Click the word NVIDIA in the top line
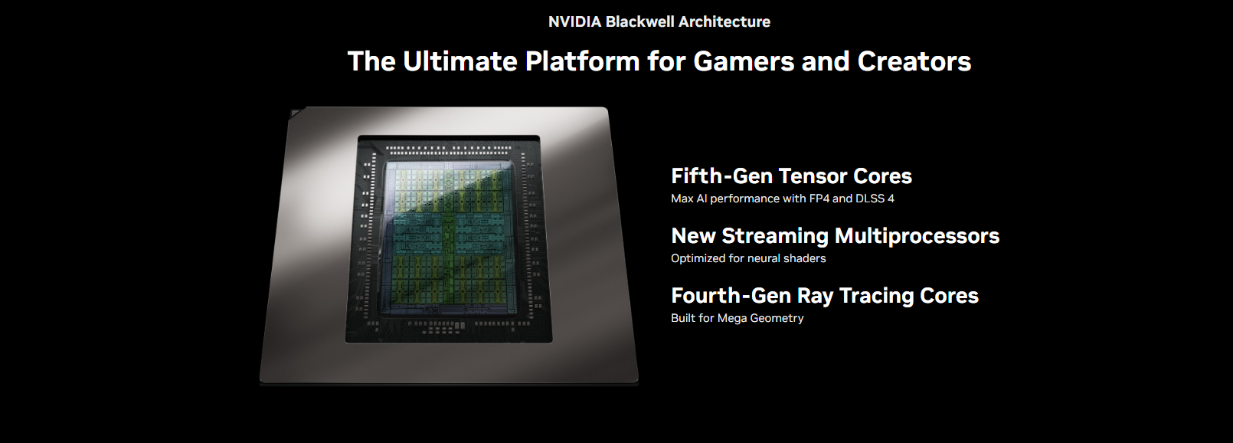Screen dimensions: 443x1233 point(574,22)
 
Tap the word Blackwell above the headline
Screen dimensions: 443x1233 point(639,22)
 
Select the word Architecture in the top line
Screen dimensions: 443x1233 point(724,22)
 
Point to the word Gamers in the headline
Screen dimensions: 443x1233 point(744,61)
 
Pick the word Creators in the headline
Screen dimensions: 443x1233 point(914,61)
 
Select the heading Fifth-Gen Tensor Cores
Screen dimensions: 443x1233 point(791,176)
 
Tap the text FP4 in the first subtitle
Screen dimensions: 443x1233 point(819,199)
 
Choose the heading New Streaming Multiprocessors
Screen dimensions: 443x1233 point(835,236)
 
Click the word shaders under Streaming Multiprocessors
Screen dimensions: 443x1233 point(805,258)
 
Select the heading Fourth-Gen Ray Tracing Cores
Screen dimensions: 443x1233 point(824,296)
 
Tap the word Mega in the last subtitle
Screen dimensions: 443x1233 point(732,318)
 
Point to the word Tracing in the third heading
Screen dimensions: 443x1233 point(877,296)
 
